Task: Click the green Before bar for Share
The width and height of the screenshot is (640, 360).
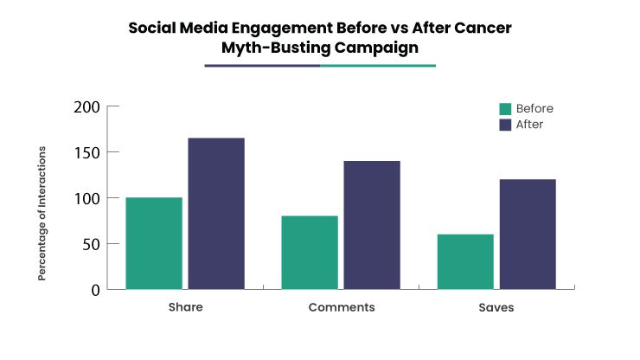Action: tap(154, 243)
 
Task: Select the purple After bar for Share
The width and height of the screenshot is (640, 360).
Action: tap(216, 213)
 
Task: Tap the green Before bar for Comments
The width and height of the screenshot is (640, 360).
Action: tap(310, 252)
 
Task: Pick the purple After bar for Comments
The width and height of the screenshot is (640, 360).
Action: tap(372, 225)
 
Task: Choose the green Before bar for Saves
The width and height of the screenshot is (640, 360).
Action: tap(465, 261)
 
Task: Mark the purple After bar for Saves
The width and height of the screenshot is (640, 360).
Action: tap(528, 234)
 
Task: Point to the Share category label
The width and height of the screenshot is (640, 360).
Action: tap(184, 307)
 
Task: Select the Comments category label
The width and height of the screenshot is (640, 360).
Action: tap(341, 307)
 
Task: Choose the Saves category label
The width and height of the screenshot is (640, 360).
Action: tap(496, 307)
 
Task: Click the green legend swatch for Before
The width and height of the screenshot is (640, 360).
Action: tap(505, 109)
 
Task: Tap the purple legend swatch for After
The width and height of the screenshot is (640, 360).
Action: tap(505, 125)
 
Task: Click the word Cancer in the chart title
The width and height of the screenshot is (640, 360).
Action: tap(479, 28)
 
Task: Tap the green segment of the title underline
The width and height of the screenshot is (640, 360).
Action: tap(378, 65)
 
